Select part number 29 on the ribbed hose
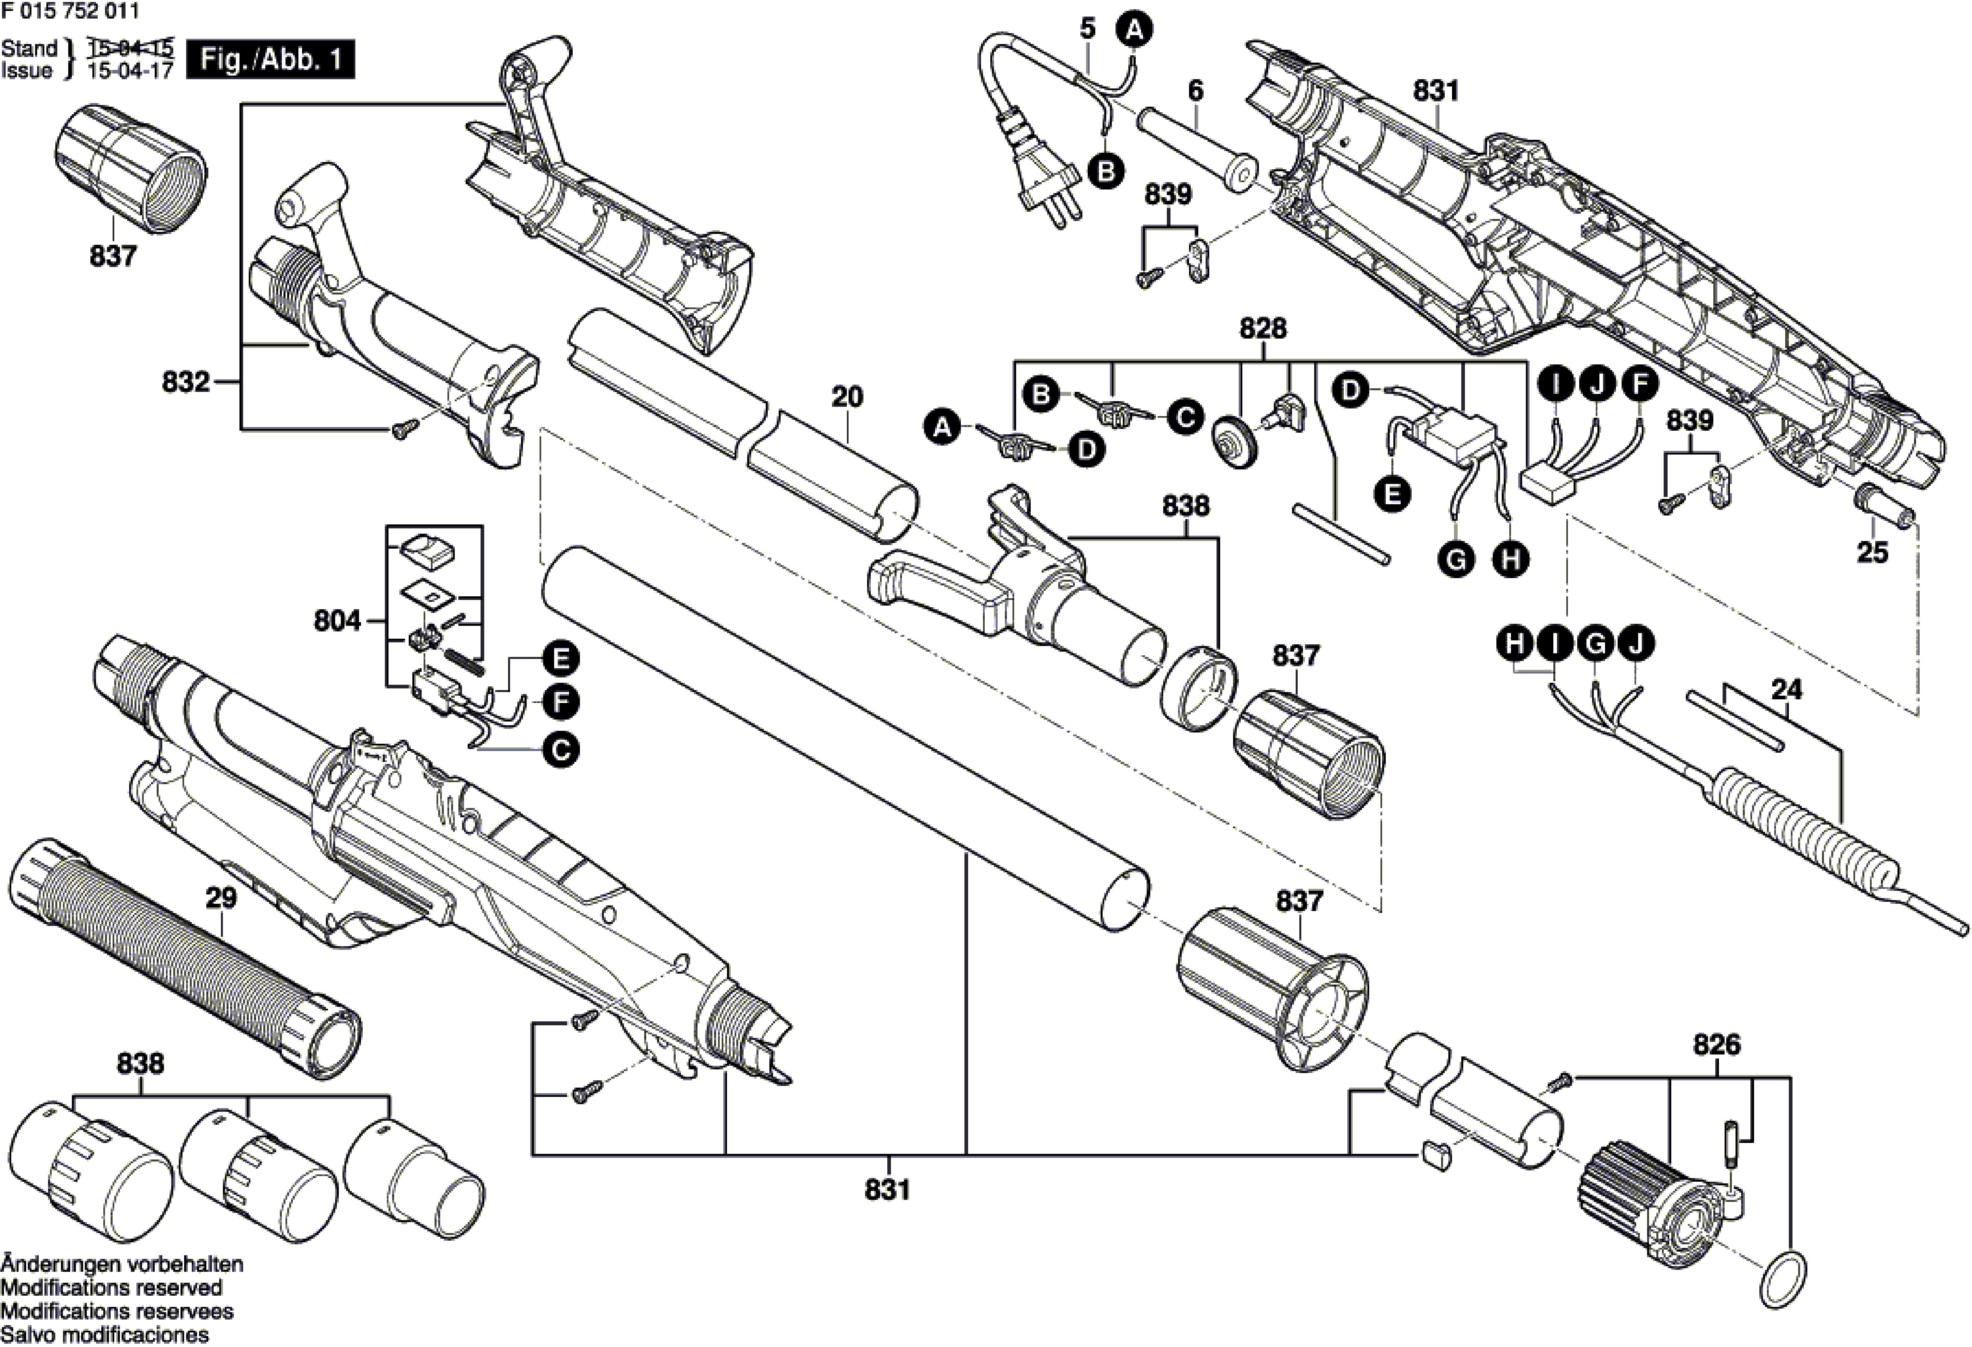click(222, 898)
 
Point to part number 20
click(847, 396)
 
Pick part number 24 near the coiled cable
click(1786, 690)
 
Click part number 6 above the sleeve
click(1196, 90)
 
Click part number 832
click(185, 382)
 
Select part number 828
click(1263, 329)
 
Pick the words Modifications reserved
click(111, 1288)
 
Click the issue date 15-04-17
click(131, 71)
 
